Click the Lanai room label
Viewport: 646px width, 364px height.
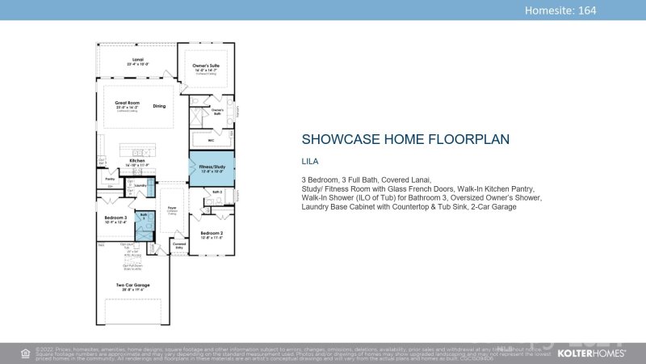click(138, 60)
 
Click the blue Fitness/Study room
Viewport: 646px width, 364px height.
click(212, 168)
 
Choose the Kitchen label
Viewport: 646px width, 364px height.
click(137, 161)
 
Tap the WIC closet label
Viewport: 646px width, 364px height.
click(211, 140)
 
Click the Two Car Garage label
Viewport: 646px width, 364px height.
click(132, 285)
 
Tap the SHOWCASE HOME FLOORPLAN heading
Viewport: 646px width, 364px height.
click(405, 139)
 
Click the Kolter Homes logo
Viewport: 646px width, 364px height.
click(592, 353)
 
